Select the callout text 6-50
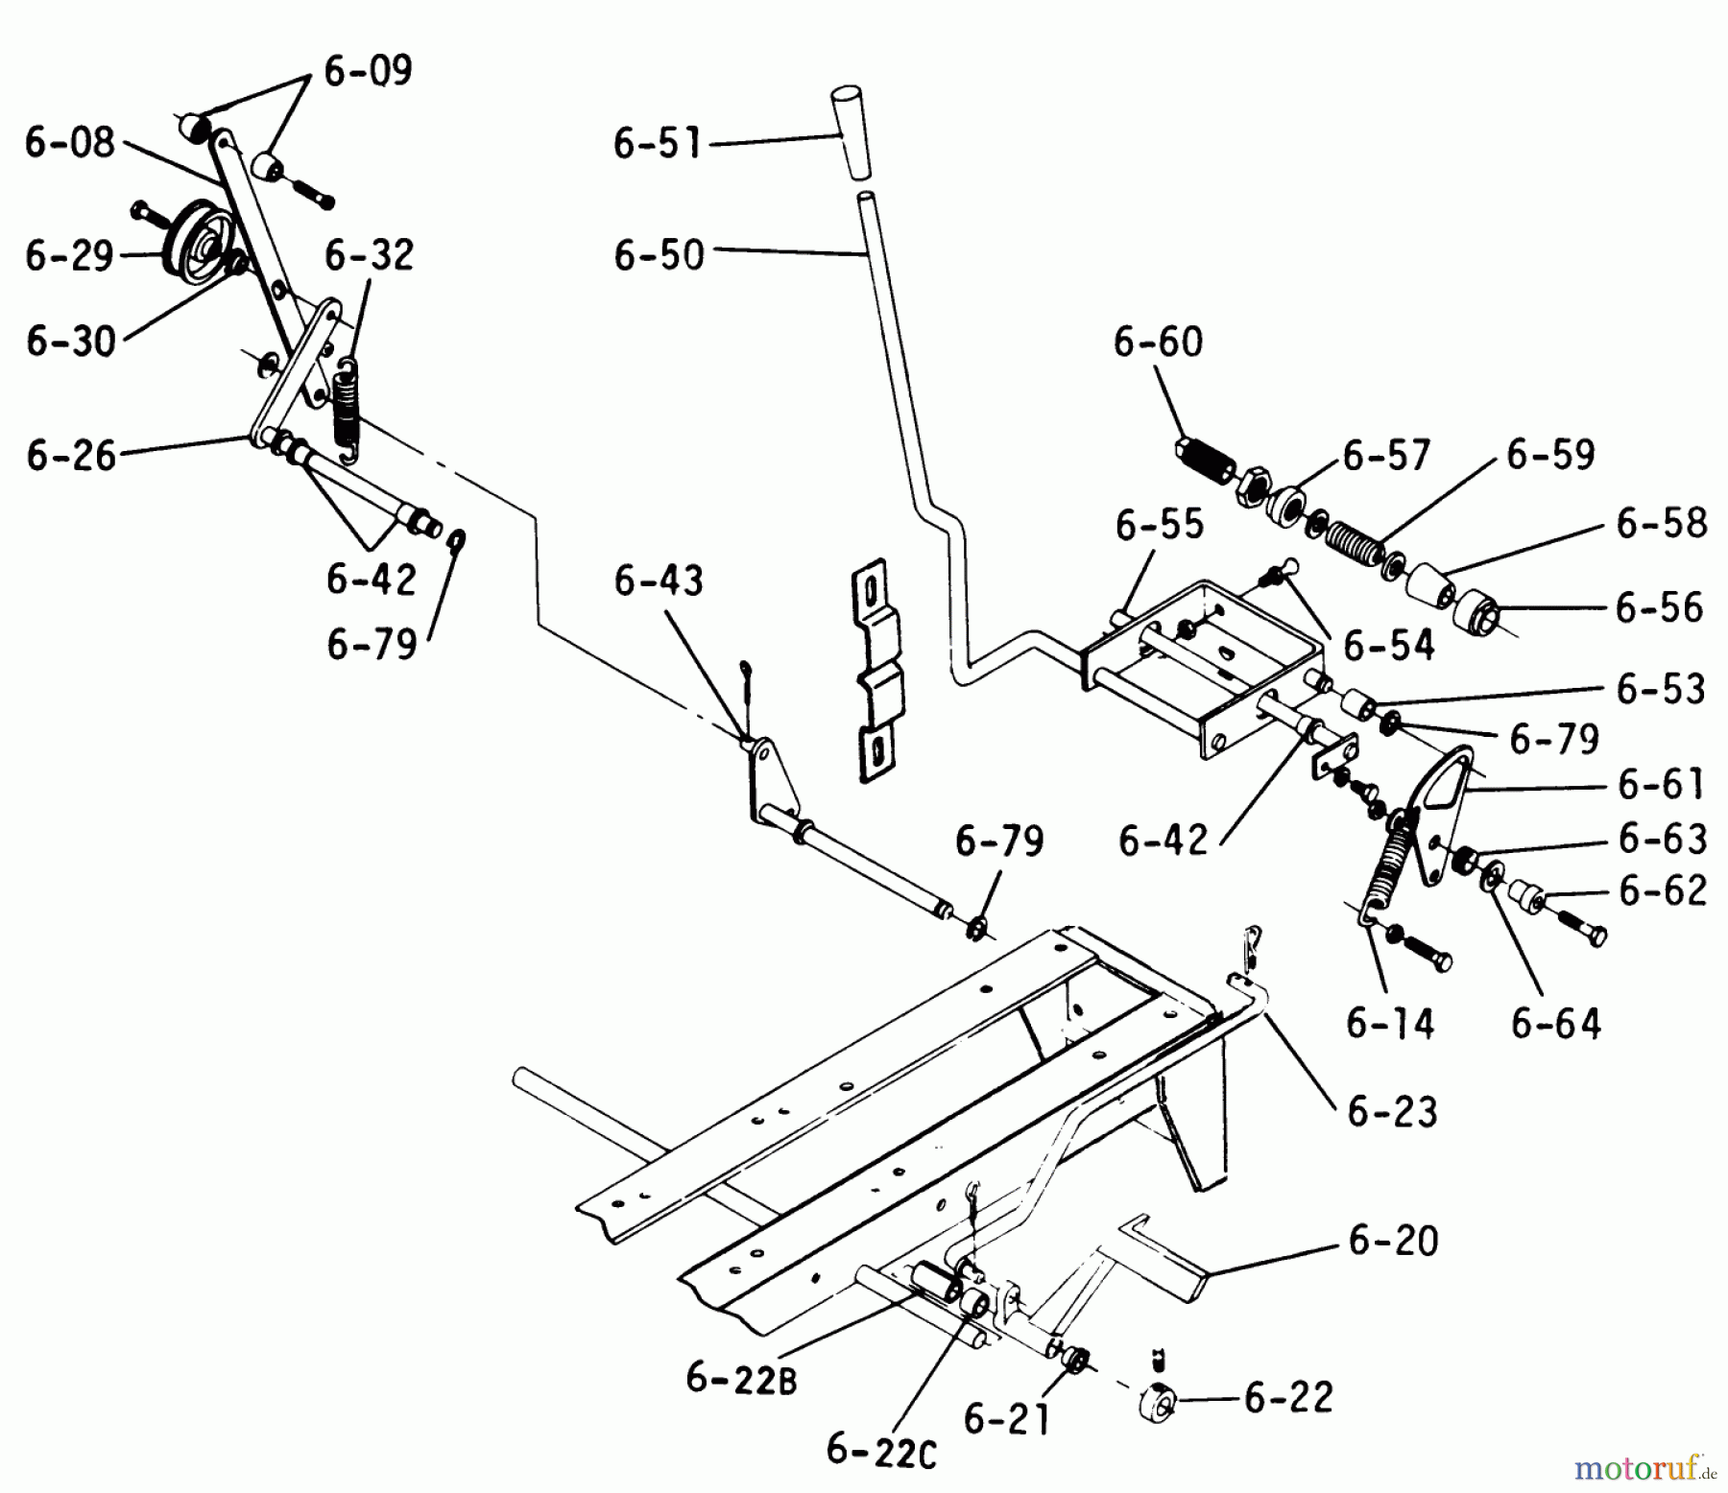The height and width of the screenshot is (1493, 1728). (659, 255)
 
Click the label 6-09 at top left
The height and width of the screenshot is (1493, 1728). (368, 71)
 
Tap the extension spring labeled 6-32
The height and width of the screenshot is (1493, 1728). (346, 403)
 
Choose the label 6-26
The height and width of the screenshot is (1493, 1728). (71, 455)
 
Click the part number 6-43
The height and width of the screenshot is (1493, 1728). (659, 581)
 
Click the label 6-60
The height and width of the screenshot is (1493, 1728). (1158, 342)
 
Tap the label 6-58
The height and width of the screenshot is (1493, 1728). (1661, 523)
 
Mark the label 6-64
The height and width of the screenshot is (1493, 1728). (1555, 1024)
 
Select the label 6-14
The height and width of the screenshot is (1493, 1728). (1390, 1024)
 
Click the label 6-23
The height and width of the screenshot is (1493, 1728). (1392, 1112)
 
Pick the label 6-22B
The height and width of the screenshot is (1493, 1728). (741, 1380)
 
